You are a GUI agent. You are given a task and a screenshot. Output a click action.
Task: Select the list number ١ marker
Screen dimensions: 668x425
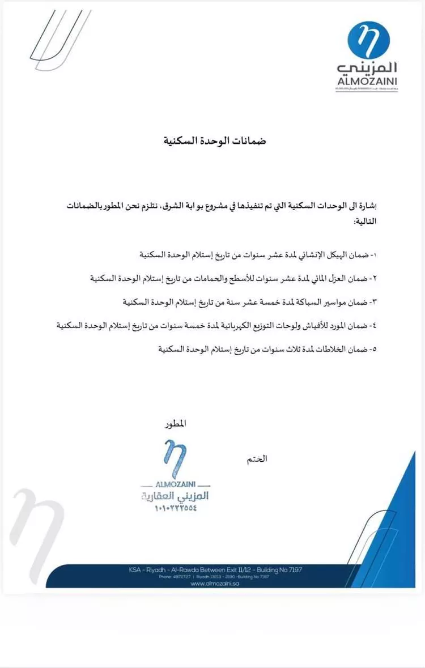373,255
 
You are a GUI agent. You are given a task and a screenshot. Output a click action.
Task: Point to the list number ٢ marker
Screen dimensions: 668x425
373,278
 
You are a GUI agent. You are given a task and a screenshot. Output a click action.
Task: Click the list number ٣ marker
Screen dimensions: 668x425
373,302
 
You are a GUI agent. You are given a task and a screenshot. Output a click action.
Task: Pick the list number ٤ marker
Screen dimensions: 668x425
373,326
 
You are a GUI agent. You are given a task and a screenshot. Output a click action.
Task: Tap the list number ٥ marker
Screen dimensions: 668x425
373,350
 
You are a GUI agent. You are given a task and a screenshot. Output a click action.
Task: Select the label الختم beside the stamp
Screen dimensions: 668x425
257,459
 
